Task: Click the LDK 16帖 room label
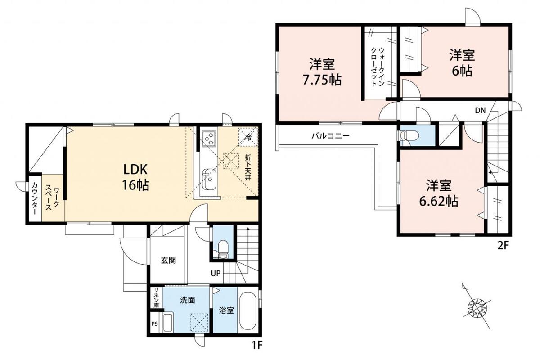click(135, 177)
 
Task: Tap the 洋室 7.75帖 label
click(322, 72)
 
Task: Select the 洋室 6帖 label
click(462, 63)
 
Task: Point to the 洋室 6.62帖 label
click(439, 193)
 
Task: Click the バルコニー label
click(330, 136)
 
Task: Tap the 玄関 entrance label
click(168, 261)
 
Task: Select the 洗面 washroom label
click(188, 300)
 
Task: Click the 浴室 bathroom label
click(226, 310)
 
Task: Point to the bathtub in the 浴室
click(248, 310)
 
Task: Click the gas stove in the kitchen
click(208, 139)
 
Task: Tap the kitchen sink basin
click(209, 180)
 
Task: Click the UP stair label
click(216, 273)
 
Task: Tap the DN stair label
click(480, 110)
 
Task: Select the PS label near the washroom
click(154, 324)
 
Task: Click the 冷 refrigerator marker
click(248, 138)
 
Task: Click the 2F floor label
click(504, 246)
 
